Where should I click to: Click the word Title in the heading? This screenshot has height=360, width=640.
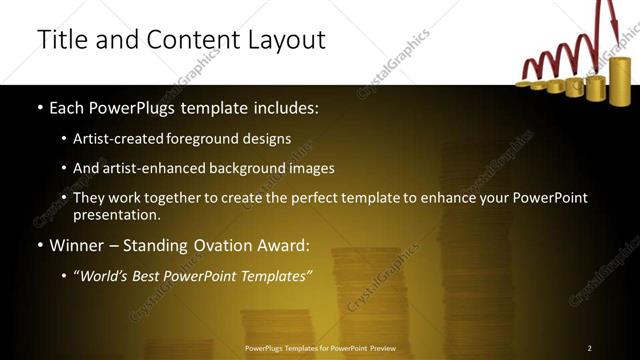click(x=60, y=40)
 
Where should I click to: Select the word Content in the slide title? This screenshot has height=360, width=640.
click(x=188, y=40)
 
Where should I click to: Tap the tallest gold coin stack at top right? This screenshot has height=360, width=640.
click(x=620, y=80)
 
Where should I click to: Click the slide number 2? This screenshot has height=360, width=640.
click(x=589, y=348)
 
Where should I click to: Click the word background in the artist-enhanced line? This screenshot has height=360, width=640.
click(x=252, y=168)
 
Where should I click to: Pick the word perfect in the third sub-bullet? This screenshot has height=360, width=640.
click(x=332, y=198)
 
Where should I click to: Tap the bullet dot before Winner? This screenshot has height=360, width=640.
click(x=39, y=245)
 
